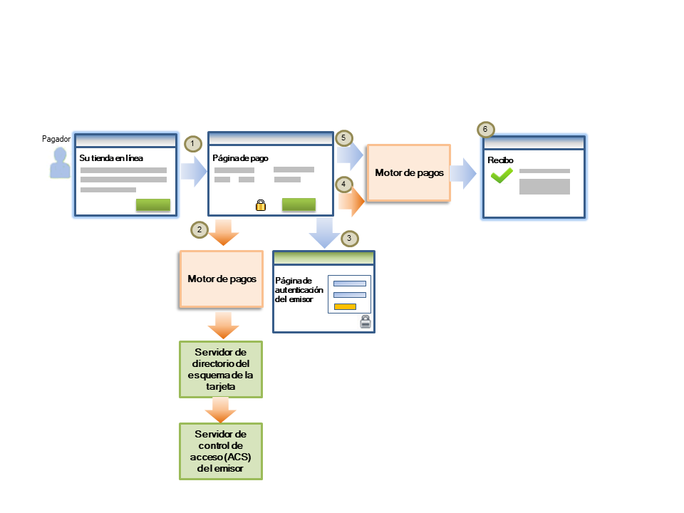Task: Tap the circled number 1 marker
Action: pos(192,143)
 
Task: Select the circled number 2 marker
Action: pos(199,229)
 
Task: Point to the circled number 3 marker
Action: pos(348,238)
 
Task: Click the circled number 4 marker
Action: pos(343,185)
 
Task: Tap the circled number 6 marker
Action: pos(485,130)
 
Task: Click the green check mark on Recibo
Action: pos(502,175)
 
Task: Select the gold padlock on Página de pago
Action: pos(261,205)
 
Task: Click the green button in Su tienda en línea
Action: pos(153,205)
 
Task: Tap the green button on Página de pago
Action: pos(299,205)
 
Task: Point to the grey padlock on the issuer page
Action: pos(365,322)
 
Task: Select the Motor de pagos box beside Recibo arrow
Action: pos(408,173)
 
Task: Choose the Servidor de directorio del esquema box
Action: pos(221,369)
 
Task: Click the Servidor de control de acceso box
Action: pos(221,452)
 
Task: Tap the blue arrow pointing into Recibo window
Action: pos(464,173)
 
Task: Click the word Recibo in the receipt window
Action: pos(501,160)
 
